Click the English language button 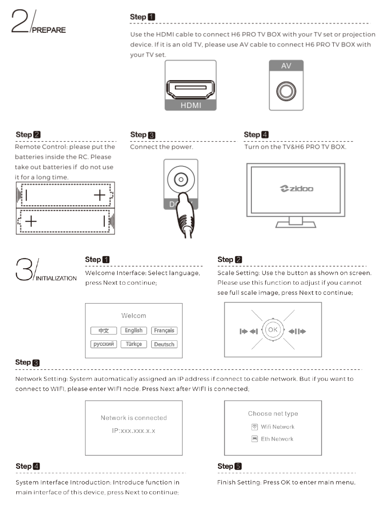coord(133,331)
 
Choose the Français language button coord(164,331)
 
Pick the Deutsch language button coord(164,344)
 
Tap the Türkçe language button coord(133,344)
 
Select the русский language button coord(103,344)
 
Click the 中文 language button coord(103,331)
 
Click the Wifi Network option coord(277,427)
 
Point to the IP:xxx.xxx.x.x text coord(134,433)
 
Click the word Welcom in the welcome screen coord(134,316)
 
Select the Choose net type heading coord(273,414)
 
